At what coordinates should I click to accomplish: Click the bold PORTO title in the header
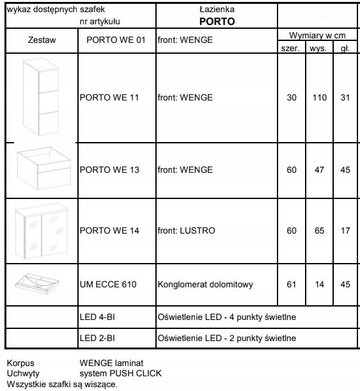(x=217, y=21)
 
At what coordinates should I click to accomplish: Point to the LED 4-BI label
(x=97, y=317)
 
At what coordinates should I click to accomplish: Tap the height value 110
(x=320, y=98)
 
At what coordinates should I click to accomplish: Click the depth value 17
(x=345, y=230)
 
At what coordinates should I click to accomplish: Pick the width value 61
(x=292, y=283)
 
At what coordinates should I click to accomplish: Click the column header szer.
(x=292, y=49)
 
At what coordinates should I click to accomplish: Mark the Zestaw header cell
(x=42, y=40)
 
